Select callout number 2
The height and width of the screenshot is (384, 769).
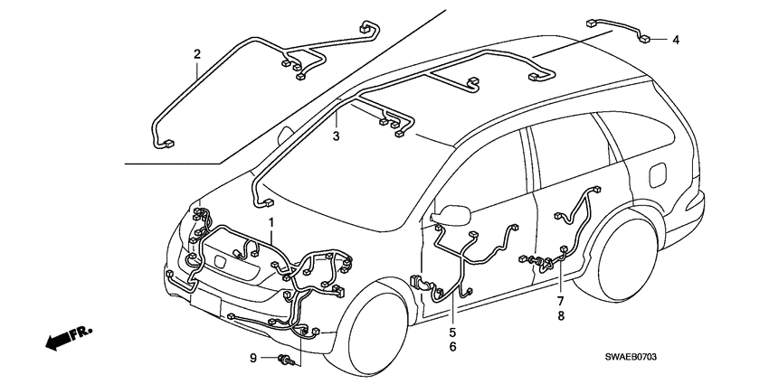tap(196, 55)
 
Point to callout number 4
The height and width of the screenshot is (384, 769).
tap(675, 40)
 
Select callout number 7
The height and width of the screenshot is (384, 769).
tap(560, 300)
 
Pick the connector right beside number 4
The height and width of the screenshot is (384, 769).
tap(648, 38)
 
